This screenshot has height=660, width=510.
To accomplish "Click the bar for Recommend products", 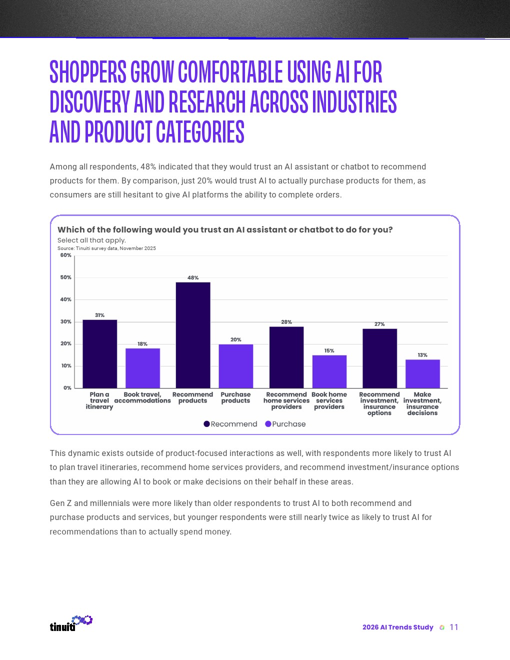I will tap(193, 335).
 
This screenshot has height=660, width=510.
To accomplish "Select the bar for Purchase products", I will tap(236, 366).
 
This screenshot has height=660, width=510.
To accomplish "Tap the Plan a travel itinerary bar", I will tap(100, 354).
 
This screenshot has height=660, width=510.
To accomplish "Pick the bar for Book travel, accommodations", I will tap(142, 368).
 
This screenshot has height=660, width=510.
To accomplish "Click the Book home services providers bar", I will tap(329, 371).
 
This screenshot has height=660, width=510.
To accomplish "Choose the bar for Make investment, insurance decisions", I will tap(422, 373).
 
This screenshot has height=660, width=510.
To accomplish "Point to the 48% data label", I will tap(193, 277).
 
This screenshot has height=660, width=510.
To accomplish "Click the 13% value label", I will tap(422, 355).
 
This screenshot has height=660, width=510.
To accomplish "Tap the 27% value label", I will tap(379, 324).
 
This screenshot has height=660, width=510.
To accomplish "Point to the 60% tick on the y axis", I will tap(66, 255).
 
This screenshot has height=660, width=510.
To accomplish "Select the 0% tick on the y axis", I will tap(67, 387).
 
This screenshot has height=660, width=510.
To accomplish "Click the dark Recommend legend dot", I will tap(206, 424).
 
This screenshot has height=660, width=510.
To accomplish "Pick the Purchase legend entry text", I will tap(289, 424).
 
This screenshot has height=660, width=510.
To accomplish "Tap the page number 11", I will tap(454, 627).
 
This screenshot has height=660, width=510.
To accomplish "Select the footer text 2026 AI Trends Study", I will tap(397, 627).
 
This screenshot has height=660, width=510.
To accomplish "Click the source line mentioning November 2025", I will tap(106, 248).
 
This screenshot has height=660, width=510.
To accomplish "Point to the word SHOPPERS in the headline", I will tap(88, 72).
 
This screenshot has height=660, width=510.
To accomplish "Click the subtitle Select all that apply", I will tap(91, 240).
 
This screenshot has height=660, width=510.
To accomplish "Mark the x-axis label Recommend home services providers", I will tap(286, 400).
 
